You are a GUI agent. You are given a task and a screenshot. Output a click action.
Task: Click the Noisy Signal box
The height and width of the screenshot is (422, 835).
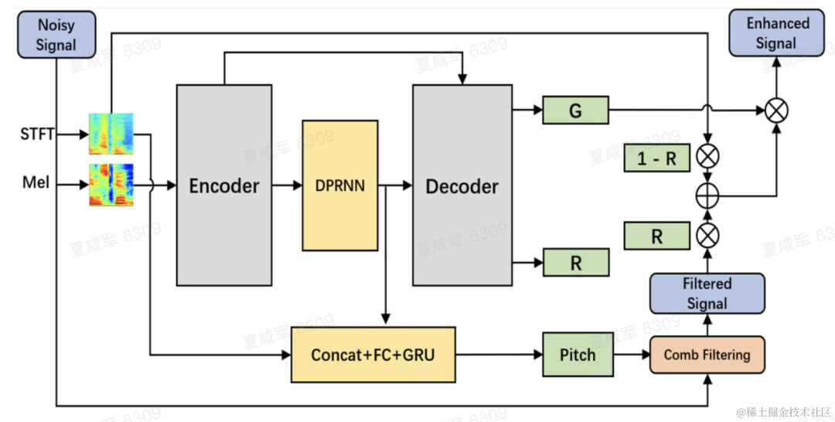[x=56, y=35]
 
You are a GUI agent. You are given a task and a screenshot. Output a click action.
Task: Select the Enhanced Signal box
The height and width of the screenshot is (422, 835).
[x=776, y=33]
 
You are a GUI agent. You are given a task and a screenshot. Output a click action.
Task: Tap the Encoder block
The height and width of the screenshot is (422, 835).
[x=224, y=185]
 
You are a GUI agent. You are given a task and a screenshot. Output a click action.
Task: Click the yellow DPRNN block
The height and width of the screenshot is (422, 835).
[x=340, y=185]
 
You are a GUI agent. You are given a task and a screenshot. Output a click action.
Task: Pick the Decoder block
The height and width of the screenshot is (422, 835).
[x=462, y=185]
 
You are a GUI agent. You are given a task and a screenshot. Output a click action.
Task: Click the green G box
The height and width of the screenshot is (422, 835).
[x=575, y=111]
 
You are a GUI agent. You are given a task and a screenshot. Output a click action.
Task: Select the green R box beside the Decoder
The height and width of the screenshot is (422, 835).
[x=575, y=263]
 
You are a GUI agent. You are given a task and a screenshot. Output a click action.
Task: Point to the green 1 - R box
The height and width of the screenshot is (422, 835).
[x=656, y=158]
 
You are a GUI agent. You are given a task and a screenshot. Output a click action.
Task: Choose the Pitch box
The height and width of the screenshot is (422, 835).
[x=578, y=355]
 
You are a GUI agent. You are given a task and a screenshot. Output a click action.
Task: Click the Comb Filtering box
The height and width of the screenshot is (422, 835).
[x=707, y=355]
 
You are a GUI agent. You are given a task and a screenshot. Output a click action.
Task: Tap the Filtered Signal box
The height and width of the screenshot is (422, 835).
[x=707, y=294]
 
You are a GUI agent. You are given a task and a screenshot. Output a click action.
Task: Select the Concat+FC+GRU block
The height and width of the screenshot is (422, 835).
[x=373, y=355]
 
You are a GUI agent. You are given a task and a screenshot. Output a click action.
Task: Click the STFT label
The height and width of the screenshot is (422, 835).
[x=37, y=134]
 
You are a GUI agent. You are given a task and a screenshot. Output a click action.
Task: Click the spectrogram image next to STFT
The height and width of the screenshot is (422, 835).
[x=111, y=134]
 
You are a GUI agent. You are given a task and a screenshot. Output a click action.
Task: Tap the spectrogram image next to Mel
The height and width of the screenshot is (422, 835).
[x=111, y=185]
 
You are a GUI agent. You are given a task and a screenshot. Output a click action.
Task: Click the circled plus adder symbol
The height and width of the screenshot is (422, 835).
[x=707, y=196]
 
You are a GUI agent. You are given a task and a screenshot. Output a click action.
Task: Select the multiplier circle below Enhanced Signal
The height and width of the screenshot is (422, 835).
[x=776, y=111]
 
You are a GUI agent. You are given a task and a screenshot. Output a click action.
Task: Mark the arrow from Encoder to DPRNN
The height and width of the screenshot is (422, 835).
[x=287, y=185]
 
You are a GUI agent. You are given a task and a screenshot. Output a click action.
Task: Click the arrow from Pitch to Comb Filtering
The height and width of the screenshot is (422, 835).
[x=632, y=355]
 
